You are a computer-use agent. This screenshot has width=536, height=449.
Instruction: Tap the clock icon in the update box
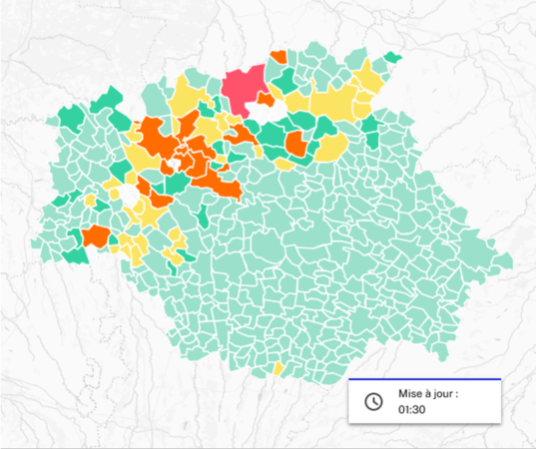372,401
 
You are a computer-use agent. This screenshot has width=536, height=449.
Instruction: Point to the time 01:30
412,410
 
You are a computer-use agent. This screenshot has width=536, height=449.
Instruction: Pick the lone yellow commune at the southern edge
277,370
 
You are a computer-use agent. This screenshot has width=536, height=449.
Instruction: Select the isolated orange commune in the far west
96,236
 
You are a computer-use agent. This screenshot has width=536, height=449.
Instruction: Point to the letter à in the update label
433,393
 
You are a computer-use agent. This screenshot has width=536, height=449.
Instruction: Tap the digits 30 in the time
419,410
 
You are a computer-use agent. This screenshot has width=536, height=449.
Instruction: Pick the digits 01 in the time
404,410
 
